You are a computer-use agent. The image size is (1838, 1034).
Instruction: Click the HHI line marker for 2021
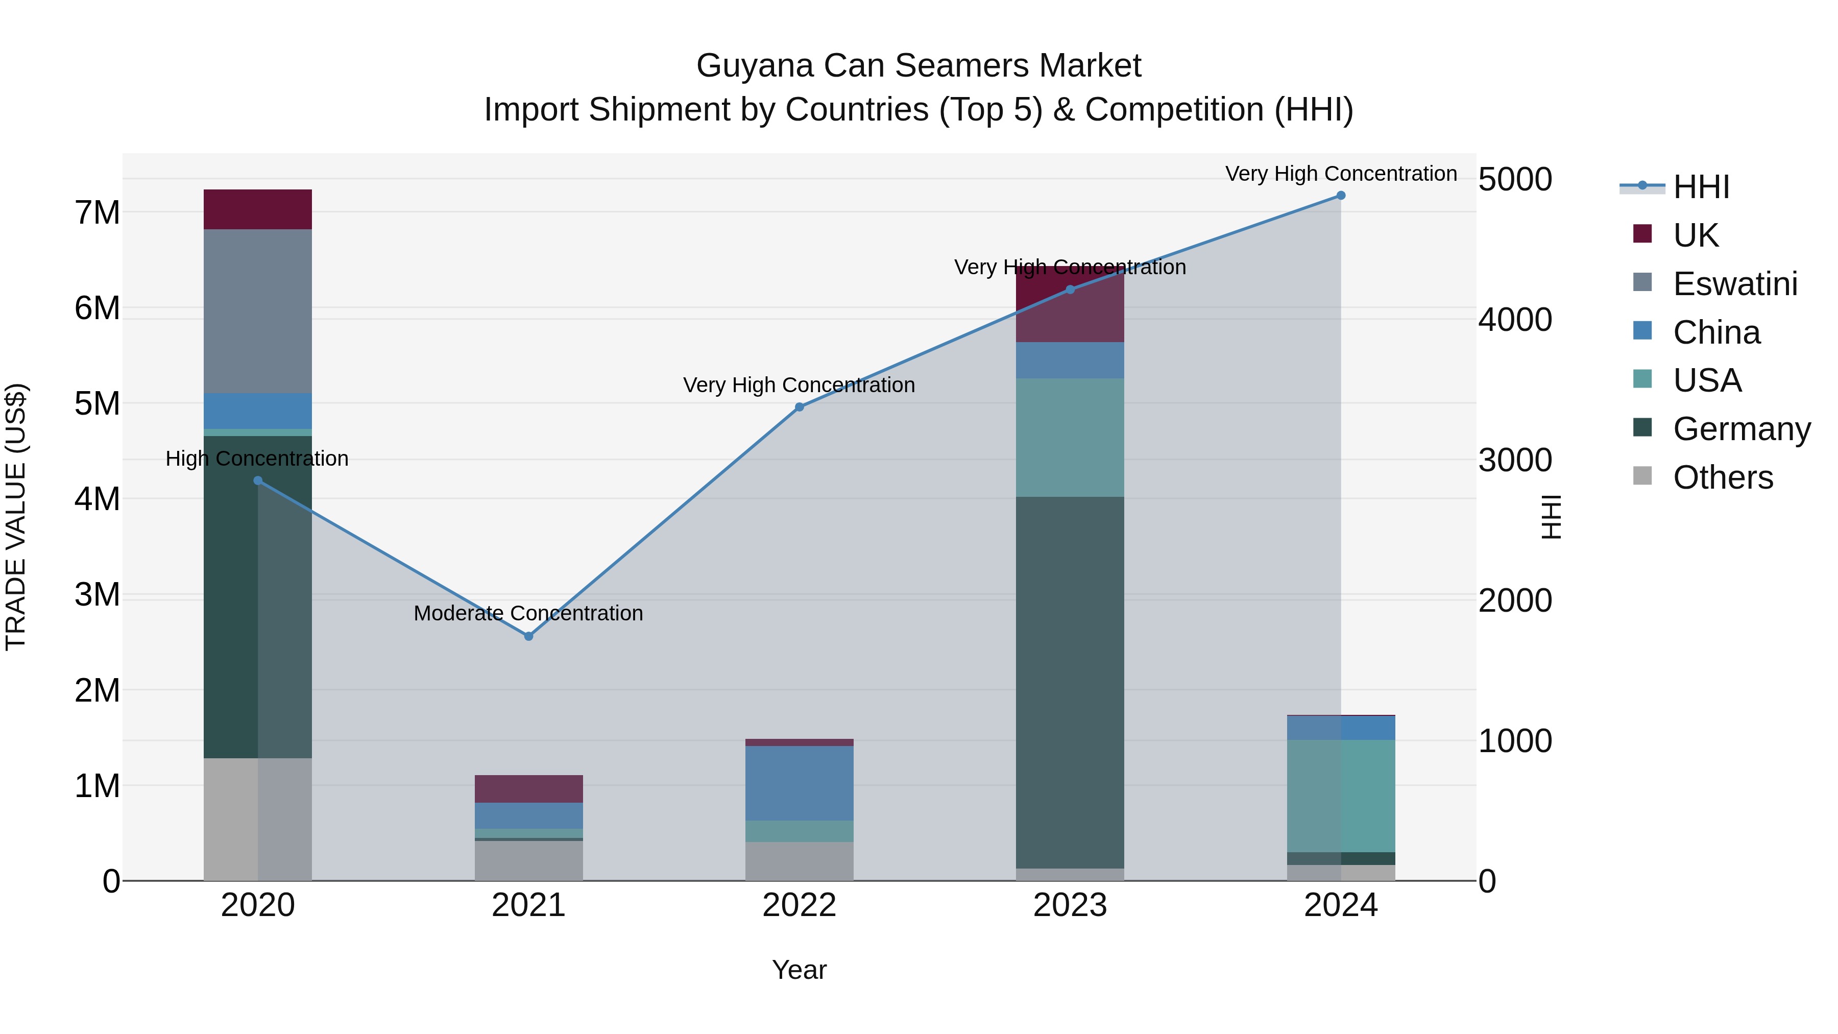pos(529,636)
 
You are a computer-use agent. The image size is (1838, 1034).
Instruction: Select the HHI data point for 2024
pos(1341,196)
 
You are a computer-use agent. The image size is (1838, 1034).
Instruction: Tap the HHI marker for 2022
pos(799,407)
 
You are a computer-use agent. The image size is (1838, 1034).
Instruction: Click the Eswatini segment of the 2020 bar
pos(258,311)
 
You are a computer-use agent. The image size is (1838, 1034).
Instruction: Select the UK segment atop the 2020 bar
pos(258,209)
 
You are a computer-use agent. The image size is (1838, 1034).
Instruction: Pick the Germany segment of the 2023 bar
pos(1070,682)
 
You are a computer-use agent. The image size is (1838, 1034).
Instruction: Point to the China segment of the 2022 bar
pos(799,783)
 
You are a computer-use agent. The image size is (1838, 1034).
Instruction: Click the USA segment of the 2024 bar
pos(1341,796)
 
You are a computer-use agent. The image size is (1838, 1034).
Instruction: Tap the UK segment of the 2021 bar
pos(529,788)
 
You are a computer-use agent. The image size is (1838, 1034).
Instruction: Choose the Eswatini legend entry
pos(1734,283)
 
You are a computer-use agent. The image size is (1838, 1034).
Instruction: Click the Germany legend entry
pos(1741,429)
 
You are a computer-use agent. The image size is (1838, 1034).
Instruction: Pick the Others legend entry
pos(1723,477)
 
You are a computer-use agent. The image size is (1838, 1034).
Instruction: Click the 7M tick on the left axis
pos(97,212)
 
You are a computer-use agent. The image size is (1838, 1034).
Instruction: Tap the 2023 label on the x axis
pos(1070,905)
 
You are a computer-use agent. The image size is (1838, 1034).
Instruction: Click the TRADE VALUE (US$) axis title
pos(16,517)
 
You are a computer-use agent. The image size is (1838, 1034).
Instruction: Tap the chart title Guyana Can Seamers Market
pos(918,66)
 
